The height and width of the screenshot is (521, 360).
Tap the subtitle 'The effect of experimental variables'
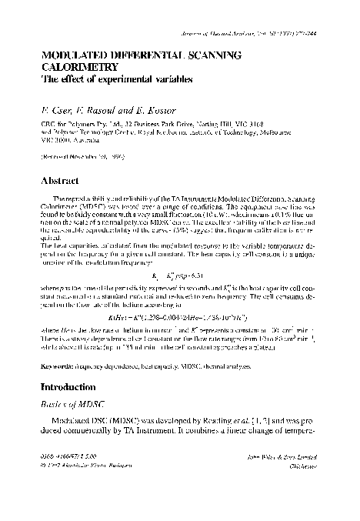tap(112, 78)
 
